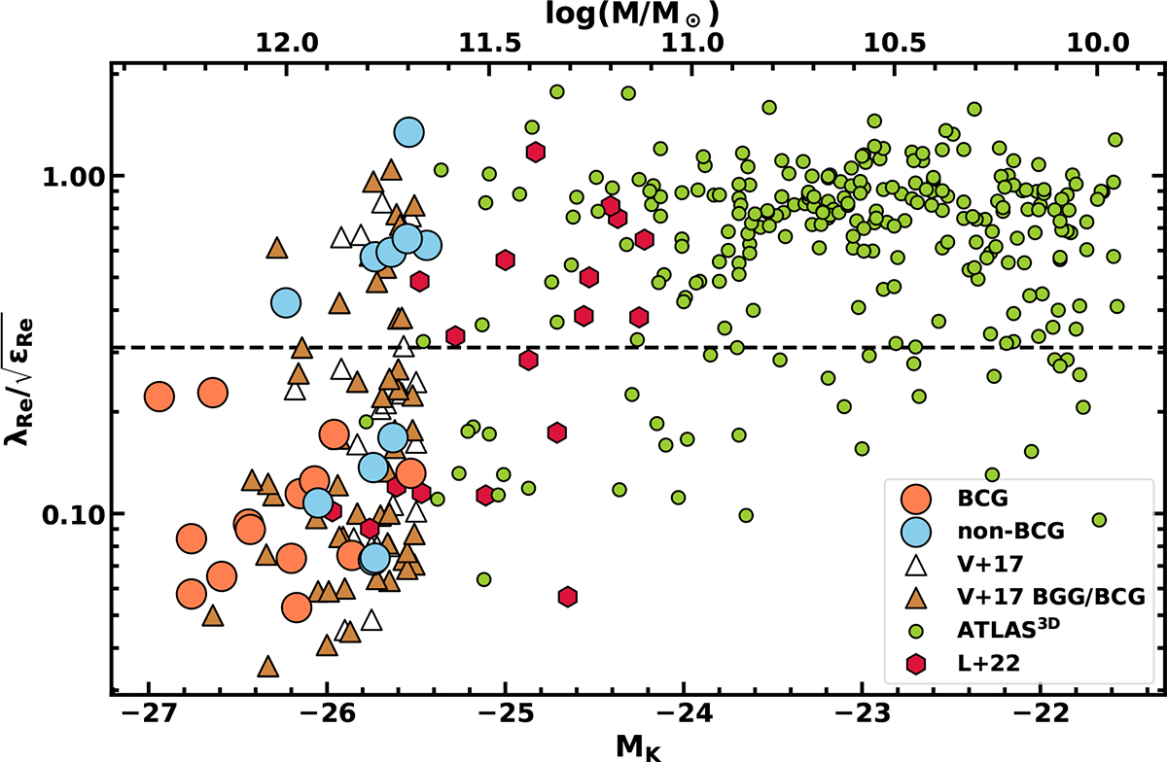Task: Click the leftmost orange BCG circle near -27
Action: [x=159, y=396]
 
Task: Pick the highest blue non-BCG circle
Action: [x=409, y=132]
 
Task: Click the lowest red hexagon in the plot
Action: [x=568, y=597]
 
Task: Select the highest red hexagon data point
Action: [x=535, y=152]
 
